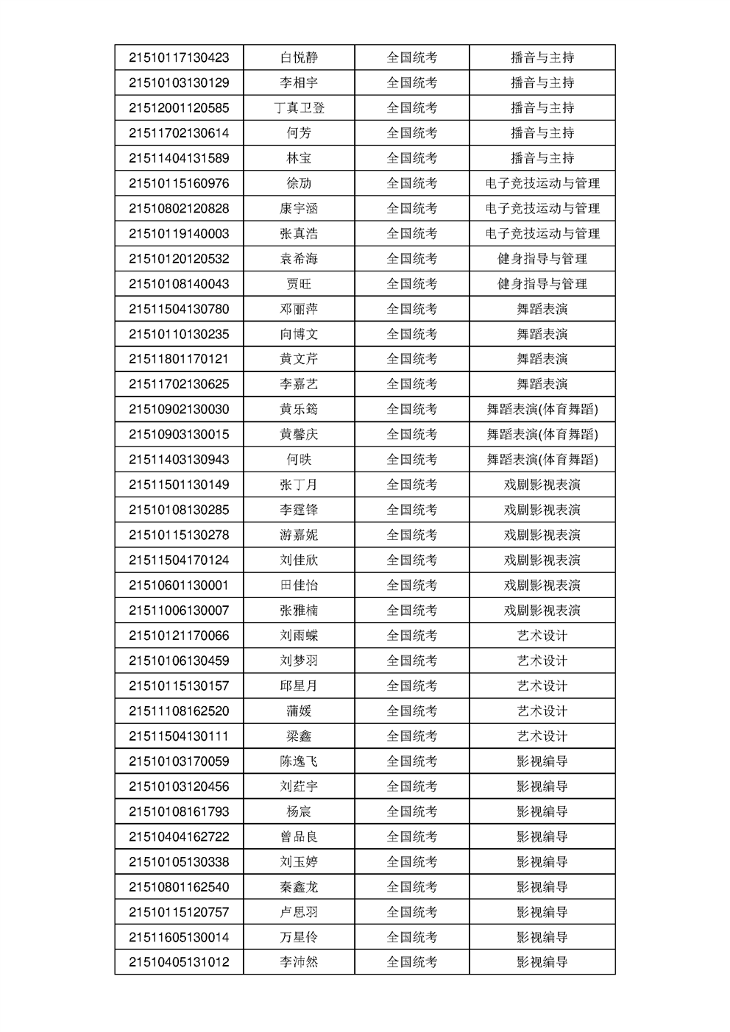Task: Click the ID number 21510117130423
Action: click(179, 57)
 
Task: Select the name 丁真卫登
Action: click(299, 108)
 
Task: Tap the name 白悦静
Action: click(299, 57)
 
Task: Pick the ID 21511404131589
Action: click(179, 158)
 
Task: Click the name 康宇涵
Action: click(299, 209)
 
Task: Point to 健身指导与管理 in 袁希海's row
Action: click(542, 259)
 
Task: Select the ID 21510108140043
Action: click(179, 284)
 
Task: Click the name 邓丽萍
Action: click(299, 309)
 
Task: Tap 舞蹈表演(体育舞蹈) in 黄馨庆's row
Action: click(542, 435)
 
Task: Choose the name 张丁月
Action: click(299, 485)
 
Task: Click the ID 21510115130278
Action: click(179, 535)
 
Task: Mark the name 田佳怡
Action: click(299, 586)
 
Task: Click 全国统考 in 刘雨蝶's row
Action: click(412, 636)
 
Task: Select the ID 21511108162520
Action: click(179, 711)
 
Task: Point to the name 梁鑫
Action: click(299, 736)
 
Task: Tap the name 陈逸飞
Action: click(299, 761)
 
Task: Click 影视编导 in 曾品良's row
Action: click(542, 837)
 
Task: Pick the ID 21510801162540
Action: click(179, 887)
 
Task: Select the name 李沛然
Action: click(299, 962)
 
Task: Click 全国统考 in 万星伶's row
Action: click(412, 937)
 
